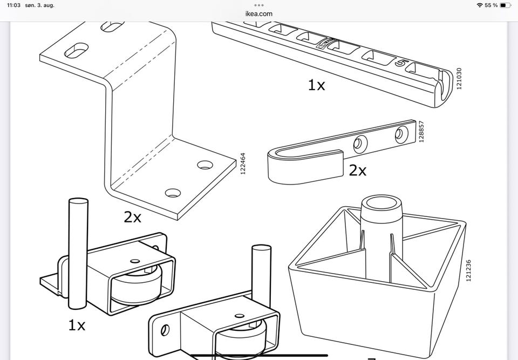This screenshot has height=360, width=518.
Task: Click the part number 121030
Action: click(459, 79)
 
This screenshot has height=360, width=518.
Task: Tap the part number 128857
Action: click(421, 132)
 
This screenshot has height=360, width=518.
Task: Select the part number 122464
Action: click(243, 164)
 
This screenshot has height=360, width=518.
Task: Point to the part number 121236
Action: click(468, 270)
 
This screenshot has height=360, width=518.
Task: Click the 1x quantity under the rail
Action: click(316, 85)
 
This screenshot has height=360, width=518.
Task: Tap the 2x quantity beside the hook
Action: click(357, 171)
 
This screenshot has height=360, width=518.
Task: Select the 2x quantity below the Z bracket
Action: click(132, 217)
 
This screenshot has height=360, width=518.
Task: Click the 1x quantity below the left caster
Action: click(77, 325)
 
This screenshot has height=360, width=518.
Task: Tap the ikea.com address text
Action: click(258, 13)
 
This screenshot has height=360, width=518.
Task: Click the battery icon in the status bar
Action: click(505, 5)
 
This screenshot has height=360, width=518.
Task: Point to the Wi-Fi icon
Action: click(480, 5)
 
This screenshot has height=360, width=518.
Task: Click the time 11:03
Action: click(14, 5)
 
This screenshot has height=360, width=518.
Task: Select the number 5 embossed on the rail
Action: click(400, 64)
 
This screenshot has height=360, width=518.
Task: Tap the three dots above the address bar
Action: click(258, 5)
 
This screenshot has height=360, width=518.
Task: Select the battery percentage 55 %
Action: click(491, 5)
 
